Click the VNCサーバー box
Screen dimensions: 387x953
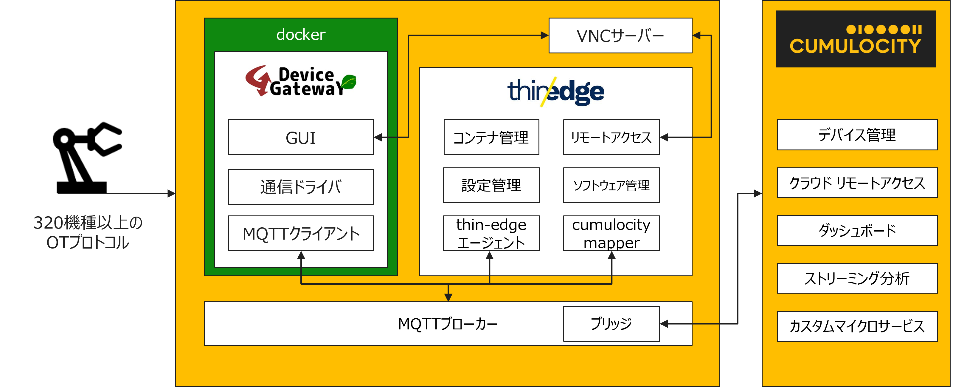620,36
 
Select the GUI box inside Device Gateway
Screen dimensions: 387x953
300,137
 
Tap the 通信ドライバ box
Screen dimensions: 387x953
300,187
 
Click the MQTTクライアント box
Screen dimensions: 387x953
300,233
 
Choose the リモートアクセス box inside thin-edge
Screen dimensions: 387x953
611,137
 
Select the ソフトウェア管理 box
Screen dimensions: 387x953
611,185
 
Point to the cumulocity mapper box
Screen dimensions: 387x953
611,233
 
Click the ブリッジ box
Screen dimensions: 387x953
611,324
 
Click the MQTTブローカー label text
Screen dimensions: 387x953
448,324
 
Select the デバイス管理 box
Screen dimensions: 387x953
857,135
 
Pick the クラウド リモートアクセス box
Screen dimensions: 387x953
857,183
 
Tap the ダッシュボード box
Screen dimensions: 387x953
857,230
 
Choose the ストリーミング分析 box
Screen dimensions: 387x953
857,278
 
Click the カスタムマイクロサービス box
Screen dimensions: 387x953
857,326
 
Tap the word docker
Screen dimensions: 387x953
300,34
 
